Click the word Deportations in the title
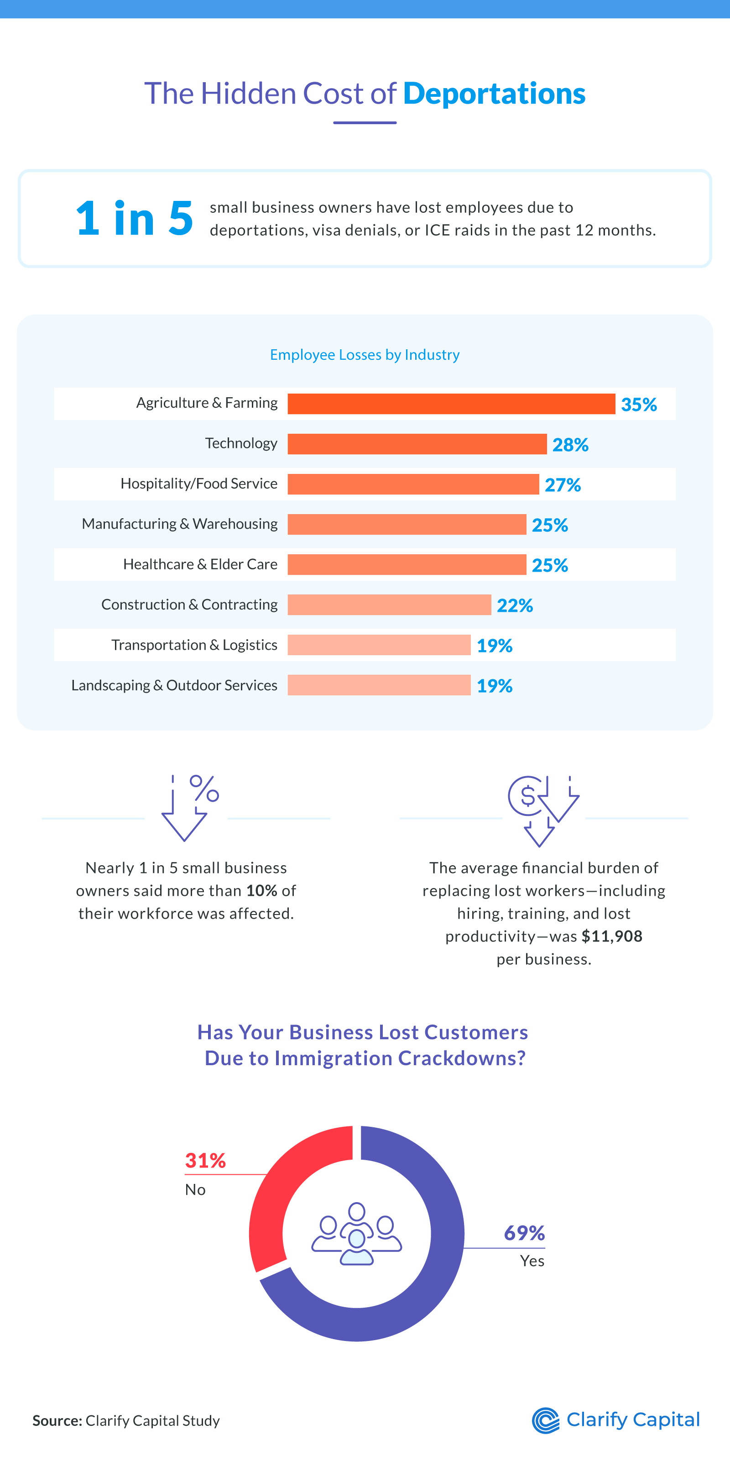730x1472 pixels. (494, 93)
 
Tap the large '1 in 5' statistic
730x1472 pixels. (134, 218)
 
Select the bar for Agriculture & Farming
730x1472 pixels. (451, 404)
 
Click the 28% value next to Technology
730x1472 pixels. (570, 445)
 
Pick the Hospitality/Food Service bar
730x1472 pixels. (413, 484)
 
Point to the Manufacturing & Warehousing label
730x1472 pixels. (179, 524)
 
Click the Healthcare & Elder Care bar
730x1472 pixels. (406, 565)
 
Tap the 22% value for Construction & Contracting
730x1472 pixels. (515, 605)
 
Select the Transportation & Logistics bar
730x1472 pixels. (379, 645)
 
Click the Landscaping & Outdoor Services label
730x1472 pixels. (174, 685)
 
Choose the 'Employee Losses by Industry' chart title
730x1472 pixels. (365, 355)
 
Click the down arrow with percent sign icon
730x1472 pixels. (188, 807)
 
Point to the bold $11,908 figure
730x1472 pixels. (611, 936)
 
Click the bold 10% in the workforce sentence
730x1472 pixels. (261, 890)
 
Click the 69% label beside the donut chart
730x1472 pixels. (524, 1233)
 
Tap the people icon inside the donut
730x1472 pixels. (356, 1234)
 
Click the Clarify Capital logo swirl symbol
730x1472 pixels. (546, 1420)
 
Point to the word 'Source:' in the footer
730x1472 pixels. (57, 1420)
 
